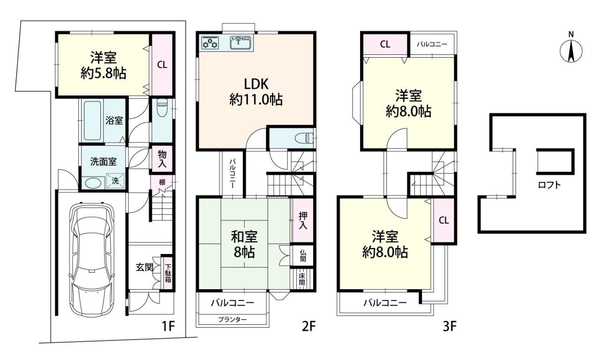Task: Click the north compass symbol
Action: point(571,51)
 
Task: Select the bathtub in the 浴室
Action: point(92,120)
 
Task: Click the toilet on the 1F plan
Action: point(162,107)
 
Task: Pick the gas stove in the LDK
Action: point(210,42)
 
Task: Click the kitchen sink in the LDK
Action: point(240,43)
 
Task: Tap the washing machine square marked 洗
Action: point(115,181)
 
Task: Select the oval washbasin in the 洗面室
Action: point(93,183)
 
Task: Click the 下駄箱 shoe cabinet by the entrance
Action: point(167,273)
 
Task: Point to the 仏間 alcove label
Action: point(303,255)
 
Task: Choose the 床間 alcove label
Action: point(301,279)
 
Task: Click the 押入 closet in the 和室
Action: point(303,220)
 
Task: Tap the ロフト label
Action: point(549,185)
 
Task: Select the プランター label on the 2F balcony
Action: point(232,319)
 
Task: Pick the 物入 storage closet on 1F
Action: point(162,159)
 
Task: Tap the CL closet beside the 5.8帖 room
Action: point(162,65)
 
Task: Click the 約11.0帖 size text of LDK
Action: point(256,100)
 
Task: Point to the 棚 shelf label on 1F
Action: point(162,182)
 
